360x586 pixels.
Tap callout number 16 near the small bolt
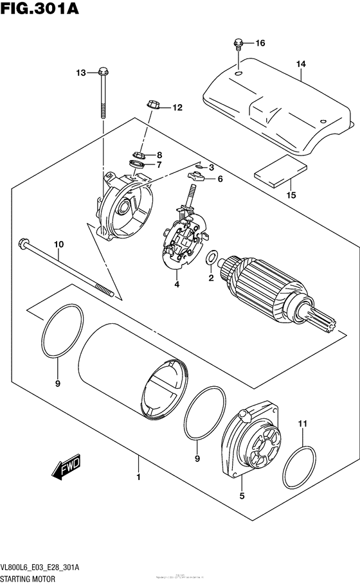pyautogui.click(x=260, y=44)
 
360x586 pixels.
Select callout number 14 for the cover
pyautogui.click(x=301, y=64)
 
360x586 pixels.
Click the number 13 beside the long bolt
pyautogui.click(x=80, y=73)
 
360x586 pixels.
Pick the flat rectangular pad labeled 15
pyautogui.click(x=280, y=173)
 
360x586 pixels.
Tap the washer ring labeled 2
pyautogui.click(x=211, y=259)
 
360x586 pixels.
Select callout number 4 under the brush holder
pyautogui.click(x=175, y=283)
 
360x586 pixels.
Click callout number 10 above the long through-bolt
pyautogui.click(x=59, y=244)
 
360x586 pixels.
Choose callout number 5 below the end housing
pyautogui.click(x=242, y=495)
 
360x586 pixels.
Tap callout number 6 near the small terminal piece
pyautogui.click(x=219, y=179)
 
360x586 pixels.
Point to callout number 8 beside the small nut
pyautogui.click(x=159, y=155)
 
